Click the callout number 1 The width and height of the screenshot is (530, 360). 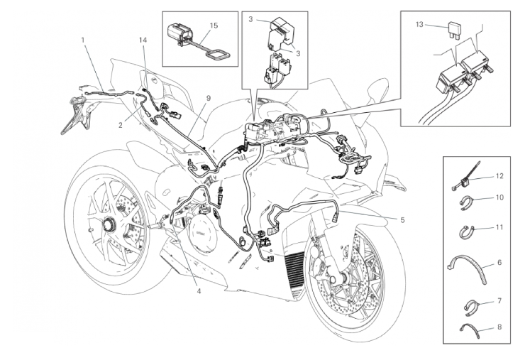(x=83, y=40)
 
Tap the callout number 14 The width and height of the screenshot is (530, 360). (x=143, y=40)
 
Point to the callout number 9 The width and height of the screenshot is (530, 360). (x=208, y=98)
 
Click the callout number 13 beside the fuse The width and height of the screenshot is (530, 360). (x=419, y=25)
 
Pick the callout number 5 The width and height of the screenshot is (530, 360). (x=402, y=220)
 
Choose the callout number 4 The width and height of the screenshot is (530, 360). (x=199, y=290)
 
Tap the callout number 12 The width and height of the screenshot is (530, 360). (x=499, y=176)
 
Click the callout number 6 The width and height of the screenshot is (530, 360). (x=499, y=262)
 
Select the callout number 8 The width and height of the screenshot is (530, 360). (x=499, y=327)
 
